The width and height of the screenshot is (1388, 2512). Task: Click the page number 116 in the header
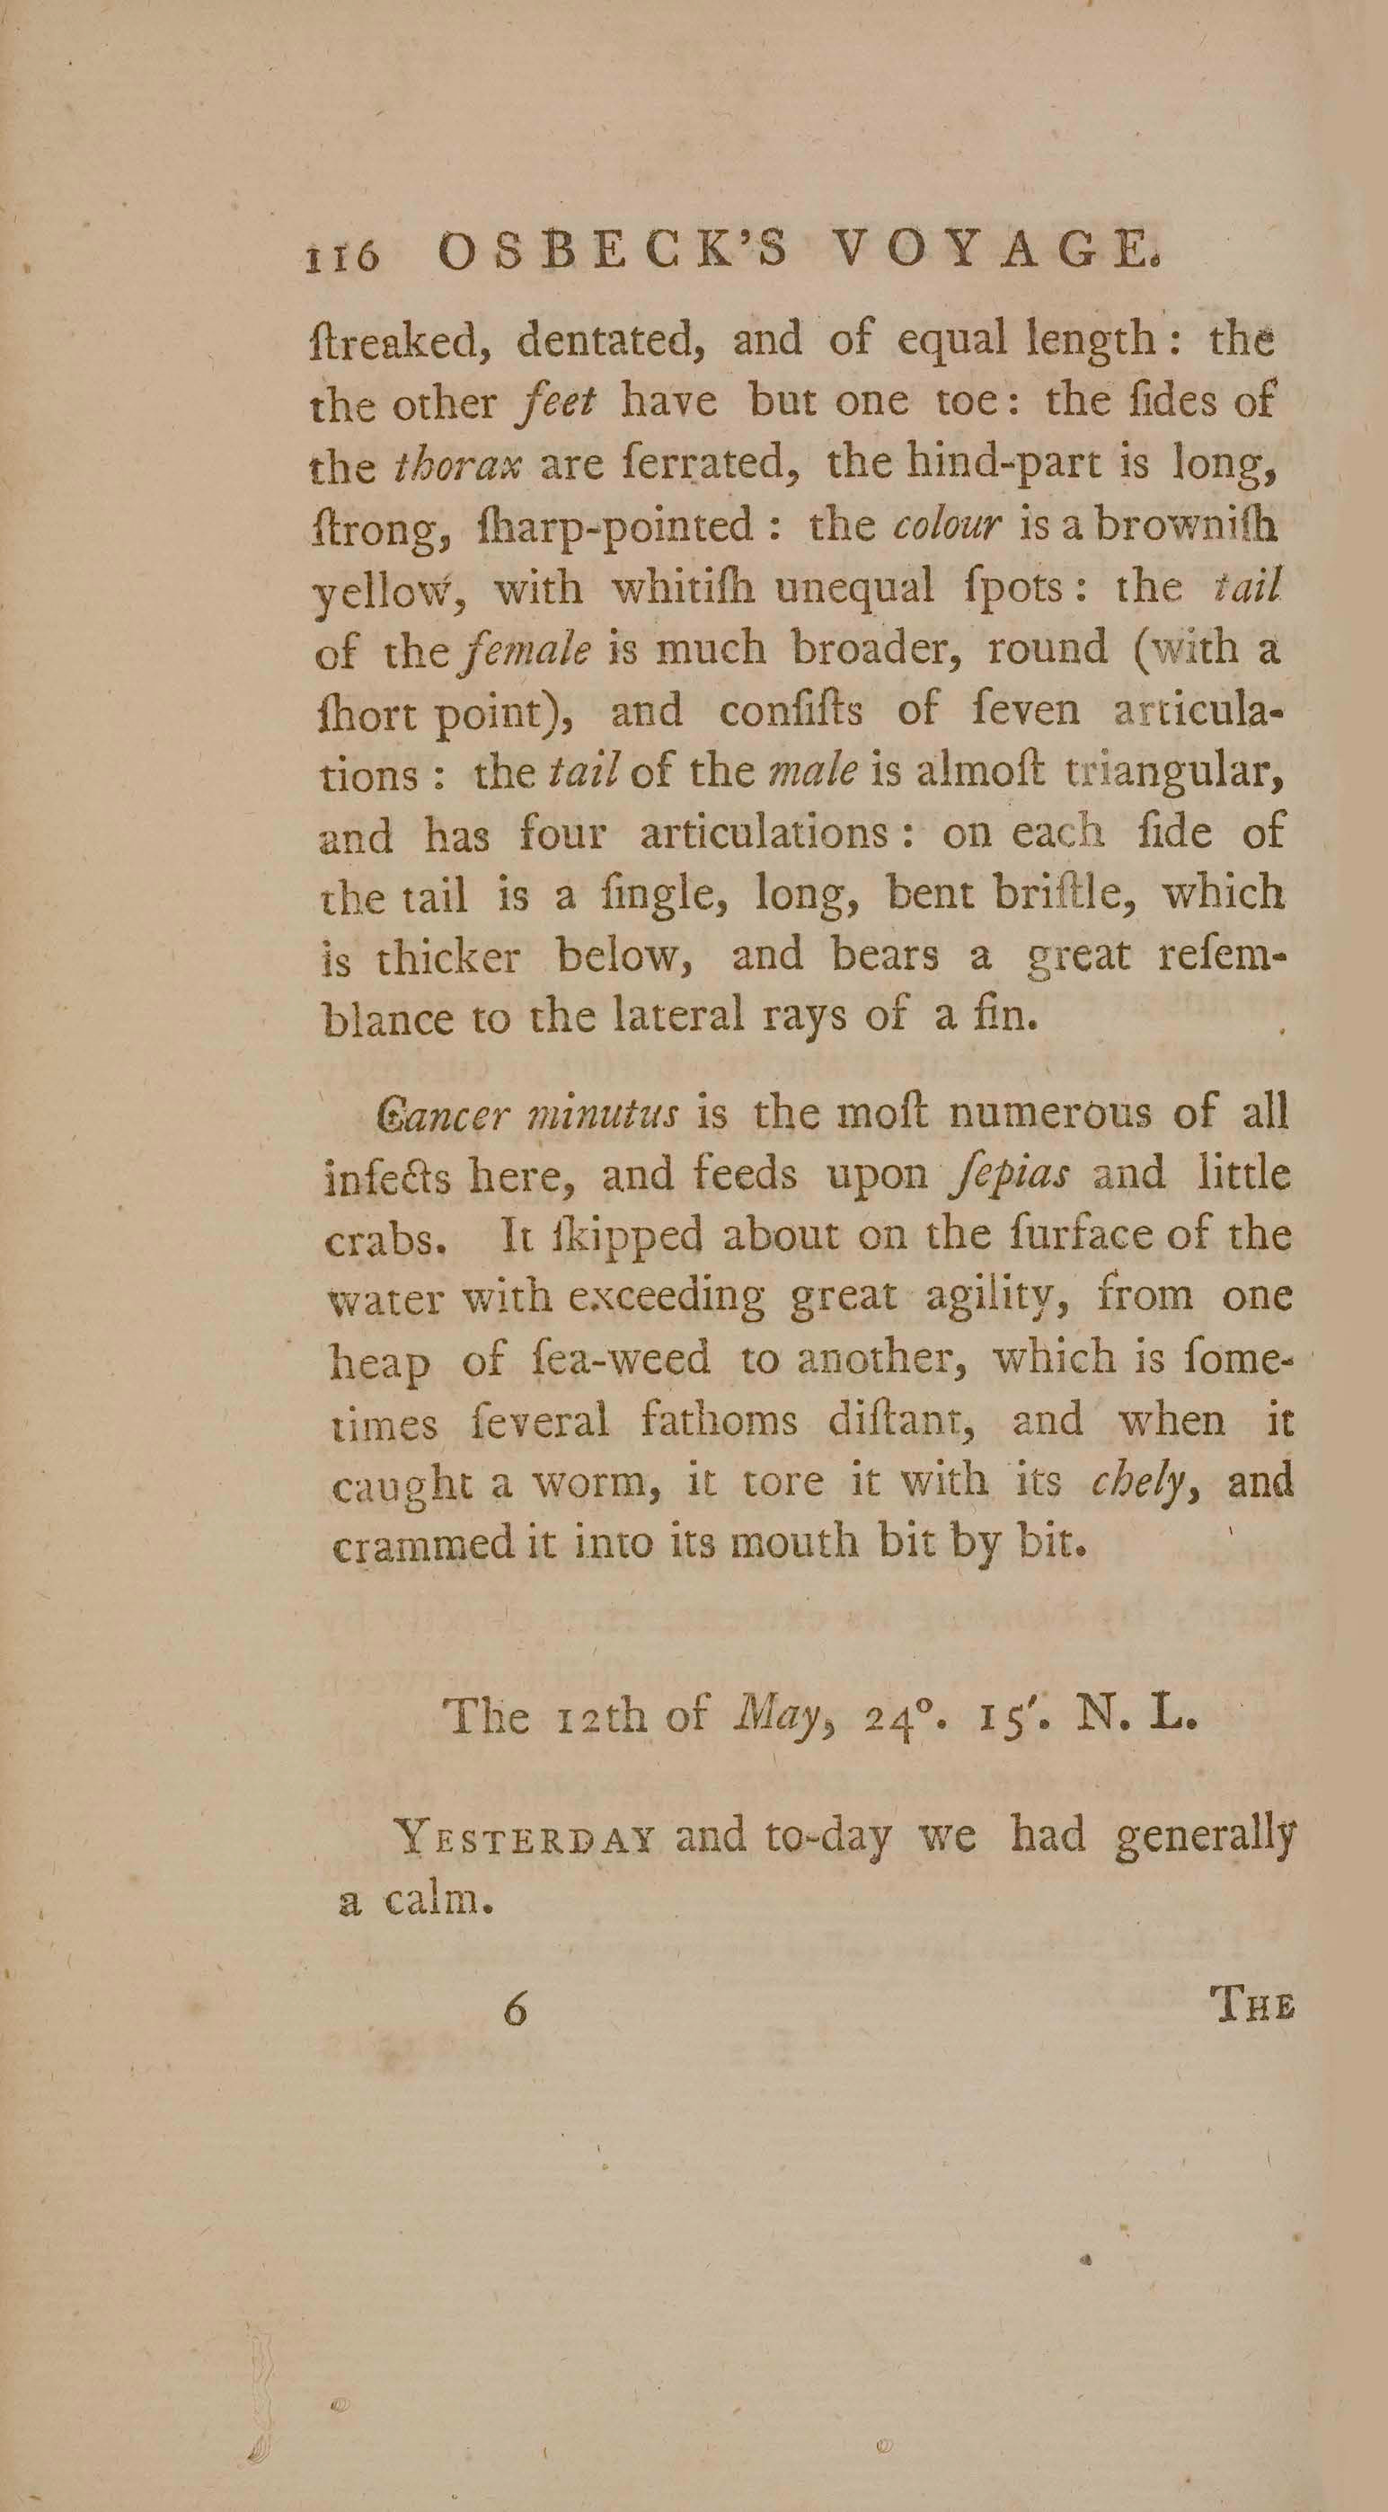[342, 257]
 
